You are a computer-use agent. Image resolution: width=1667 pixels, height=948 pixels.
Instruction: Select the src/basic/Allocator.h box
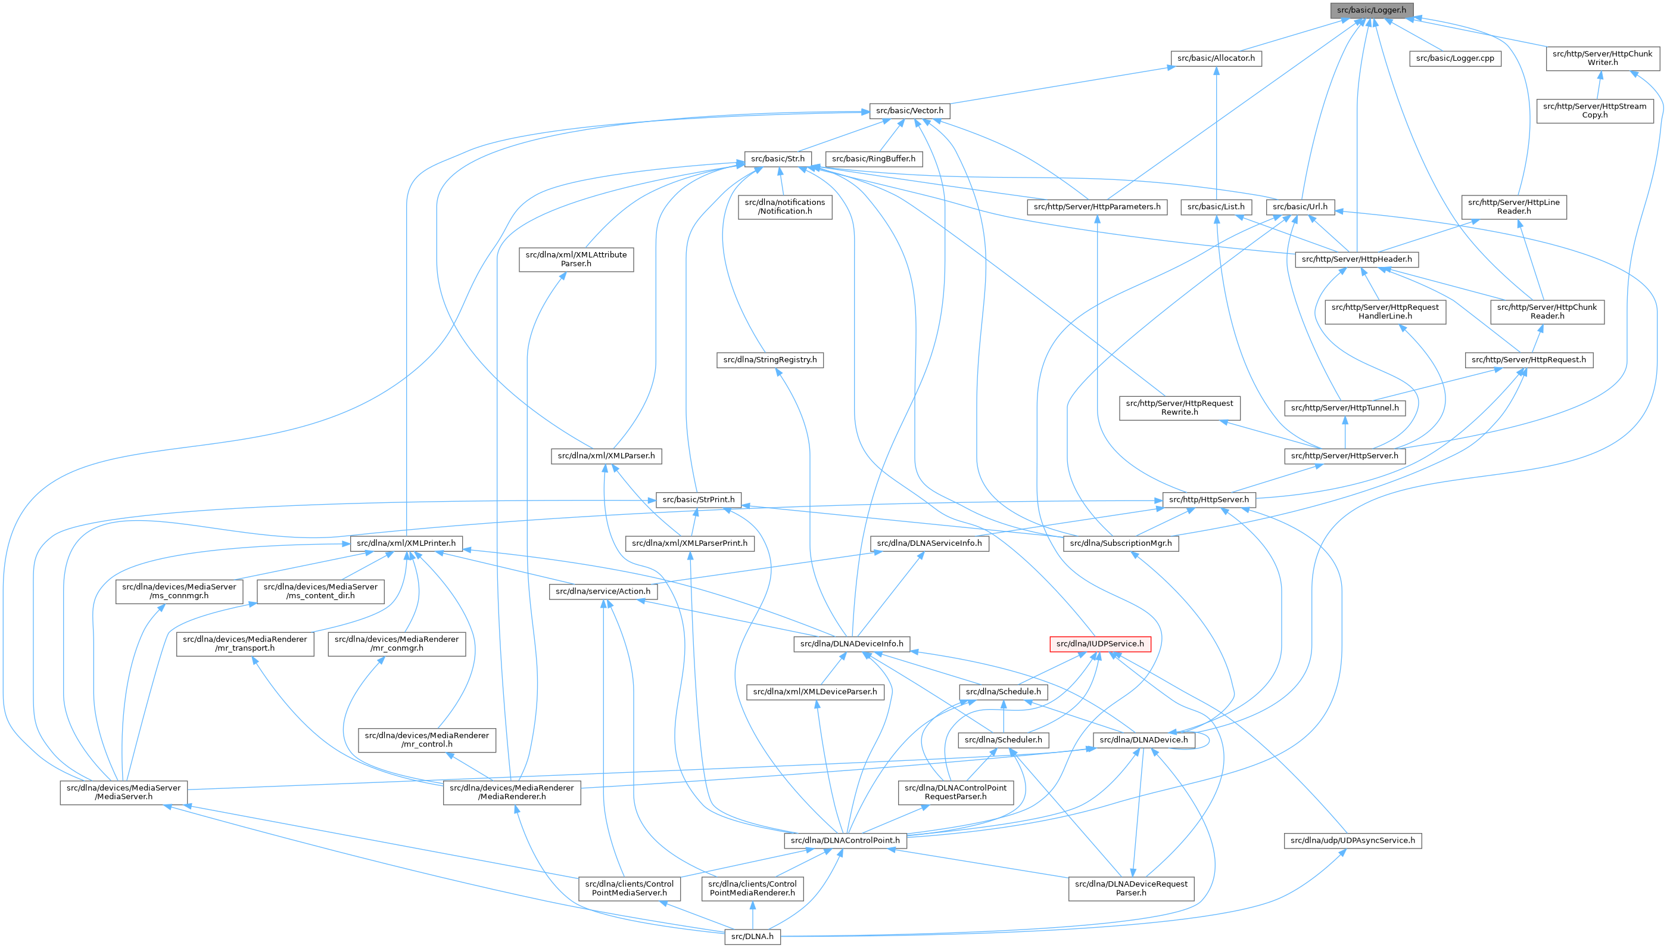click(1216, 58)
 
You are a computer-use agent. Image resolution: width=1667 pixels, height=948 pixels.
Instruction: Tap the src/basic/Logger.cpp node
click(1455, 58)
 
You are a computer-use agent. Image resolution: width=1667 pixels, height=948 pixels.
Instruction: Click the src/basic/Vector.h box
click(909, 111)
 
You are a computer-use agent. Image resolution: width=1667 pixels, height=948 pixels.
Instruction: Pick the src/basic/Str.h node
click(778, 159)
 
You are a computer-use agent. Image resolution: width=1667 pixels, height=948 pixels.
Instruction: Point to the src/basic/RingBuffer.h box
click(873, 159)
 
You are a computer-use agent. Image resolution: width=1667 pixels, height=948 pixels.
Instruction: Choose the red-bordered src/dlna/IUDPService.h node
click(1099, 644)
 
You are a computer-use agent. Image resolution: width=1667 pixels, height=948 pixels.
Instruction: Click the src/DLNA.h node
click(752, 937)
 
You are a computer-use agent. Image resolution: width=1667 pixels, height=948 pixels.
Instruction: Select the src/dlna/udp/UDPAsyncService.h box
click(1352, 841)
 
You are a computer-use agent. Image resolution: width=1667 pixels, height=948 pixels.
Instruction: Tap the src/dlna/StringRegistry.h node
click(769, 360)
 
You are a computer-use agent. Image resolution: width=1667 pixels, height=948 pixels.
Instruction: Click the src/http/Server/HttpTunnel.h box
click(1344, 408)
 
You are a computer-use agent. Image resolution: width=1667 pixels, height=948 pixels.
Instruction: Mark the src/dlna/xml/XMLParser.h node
click(606, 456)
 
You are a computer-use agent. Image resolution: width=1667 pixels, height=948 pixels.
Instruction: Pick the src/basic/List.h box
click(1216, 207)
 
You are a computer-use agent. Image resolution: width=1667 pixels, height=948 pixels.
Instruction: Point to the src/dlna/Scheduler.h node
click(1003, 739)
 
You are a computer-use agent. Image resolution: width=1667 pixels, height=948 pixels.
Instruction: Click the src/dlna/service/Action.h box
click(603, 592)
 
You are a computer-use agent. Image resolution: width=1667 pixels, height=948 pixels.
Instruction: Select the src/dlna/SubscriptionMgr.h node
click(1120, 543)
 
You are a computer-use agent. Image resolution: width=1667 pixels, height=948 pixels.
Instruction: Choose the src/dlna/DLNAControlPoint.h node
click(845, 841)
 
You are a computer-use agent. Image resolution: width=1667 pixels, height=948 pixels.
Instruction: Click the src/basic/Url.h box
click(1300, 207)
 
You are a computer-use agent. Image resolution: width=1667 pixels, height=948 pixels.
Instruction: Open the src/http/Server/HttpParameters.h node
click(1096, 207)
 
